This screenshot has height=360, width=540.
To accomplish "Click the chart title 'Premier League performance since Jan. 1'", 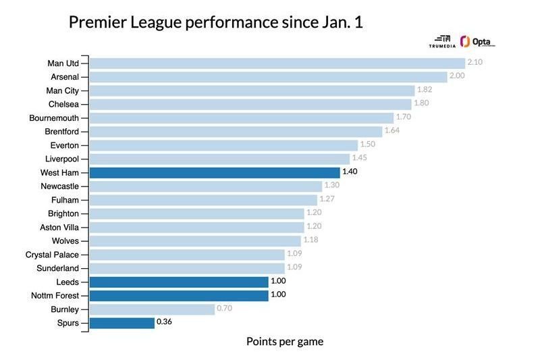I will (x=216, y=22).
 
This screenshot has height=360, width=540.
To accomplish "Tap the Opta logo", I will (x=478, y=42).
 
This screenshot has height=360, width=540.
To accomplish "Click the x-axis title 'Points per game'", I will (x=284, y=342).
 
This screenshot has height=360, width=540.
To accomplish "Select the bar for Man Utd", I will (x=277, y=63).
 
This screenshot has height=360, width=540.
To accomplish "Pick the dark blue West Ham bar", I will (x=215, y=173).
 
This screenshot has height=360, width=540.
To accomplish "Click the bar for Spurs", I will (x=122, y=324).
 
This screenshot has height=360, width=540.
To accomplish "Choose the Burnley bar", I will (x=152, y=309).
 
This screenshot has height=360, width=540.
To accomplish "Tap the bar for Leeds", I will (x=179, y=282).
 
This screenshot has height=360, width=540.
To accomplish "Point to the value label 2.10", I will (x=475, y=63).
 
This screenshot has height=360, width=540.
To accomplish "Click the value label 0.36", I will (x=165, y=323).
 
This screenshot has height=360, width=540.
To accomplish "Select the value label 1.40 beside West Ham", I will (x=350, y=172).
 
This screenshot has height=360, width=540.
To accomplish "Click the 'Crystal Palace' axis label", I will (x=52, y=255).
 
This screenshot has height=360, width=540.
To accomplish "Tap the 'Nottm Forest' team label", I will (x=55, y=296).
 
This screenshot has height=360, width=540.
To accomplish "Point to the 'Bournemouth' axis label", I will (x=54, y=118).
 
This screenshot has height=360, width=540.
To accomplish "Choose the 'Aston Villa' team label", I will (x=59, y=227).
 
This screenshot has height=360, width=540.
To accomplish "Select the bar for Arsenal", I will (x=268, y=77).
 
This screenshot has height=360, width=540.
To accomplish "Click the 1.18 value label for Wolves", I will (x=311, y=240).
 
